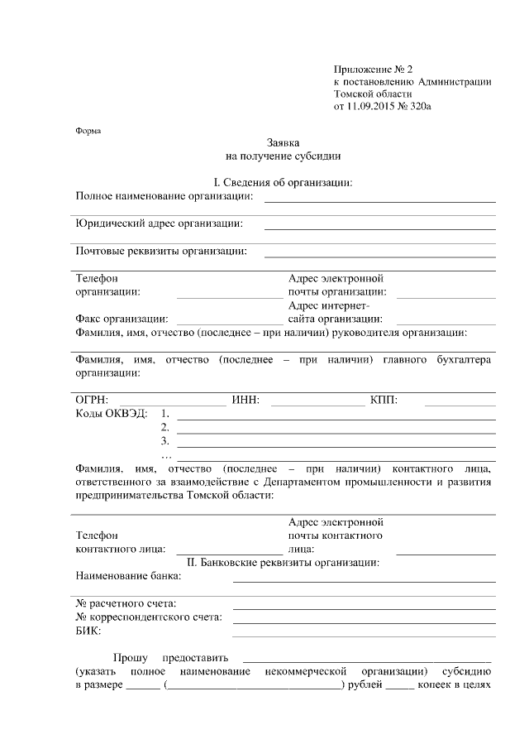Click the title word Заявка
(283, 142)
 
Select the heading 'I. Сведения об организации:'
(283, 182)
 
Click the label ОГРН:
(92, 401)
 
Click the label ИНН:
(246, 401)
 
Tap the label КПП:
(384, 401)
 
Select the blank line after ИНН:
(317, 406)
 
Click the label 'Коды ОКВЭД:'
(111, 414)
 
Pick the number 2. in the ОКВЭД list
(165, 427)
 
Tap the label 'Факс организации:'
(122, 319)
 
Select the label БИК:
(88, 631)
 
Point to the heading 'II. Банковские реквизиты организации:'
(283, 563)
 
